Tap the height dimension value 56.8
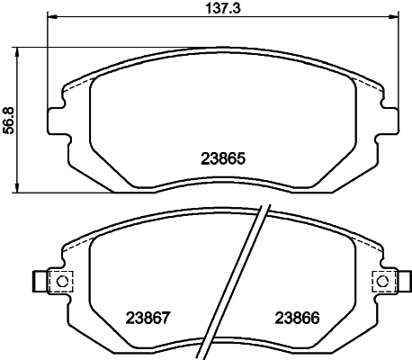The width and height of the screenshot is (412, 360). coord(9,118)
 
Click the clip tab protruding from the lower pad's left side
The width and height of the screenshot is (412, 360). coord(39,282)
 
